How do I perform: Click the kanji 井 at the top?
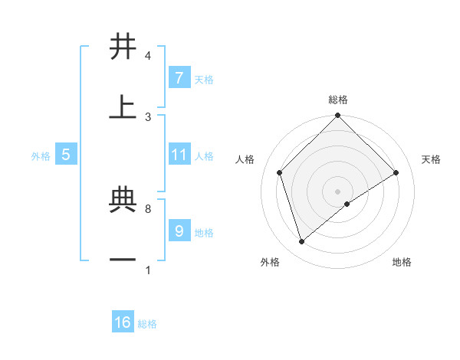point(123,47)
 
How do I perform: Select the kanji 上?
point(123,107)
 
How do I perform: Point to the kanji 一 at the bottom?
point(123,260)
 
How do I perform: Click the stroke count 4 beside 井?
point(147,56)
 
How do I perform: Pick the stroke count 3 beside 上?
point(147,116)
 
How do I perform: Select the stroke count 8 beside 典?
point(147,208)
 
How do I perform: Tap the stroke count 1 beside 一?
point(147,270)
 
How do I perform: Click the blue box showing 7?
point(179,77)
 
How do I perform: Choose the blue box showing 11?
point(179,155)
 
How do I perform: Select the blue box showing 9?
point(179,230)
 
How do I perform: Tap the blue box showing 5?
point(66,155)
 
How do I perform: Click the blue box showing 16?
point(123,322)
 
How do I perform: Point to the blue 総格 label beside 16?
point(147,324)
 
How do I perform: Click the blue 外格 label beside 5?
point(41,156)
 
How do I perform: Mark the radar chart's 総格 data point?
point(337,117)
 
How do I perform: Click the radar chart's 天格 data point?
point(396,172)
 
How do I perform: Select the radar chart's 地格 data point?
point(347,204)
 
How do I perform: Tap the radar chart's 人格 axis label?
point(245,159)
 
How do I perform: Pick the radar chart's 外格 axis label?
point(270,262)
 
